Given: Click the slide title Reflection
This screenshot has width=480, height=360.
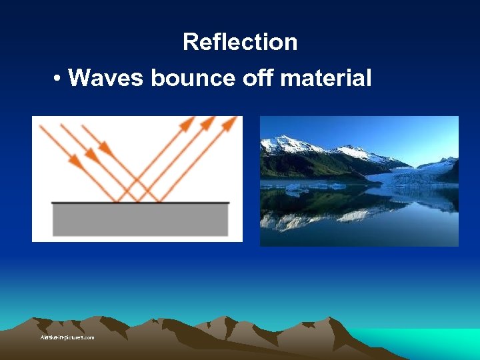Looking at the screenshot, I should click(240, 42).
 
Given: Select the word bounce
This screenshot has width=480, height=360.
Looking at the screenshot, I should click(193, 78).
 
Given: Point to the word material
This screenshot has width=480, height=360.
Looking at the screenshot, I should click(326, 78).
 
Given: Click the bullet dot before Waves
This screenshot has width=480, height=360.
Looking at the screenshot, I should click(59, 79).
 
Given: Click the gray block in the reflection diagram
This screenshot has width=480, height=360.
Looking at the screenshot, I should click(140, 219).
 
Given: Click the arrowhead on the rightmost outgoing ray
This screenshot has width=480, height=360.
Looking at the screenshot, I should click(231, 122).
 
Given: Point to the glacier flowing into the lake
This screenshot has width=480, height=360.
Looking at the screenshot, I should click(413, 175).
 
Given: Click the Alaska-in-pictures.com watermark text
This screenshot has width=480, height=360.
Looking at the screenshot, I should click(67, 337).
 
